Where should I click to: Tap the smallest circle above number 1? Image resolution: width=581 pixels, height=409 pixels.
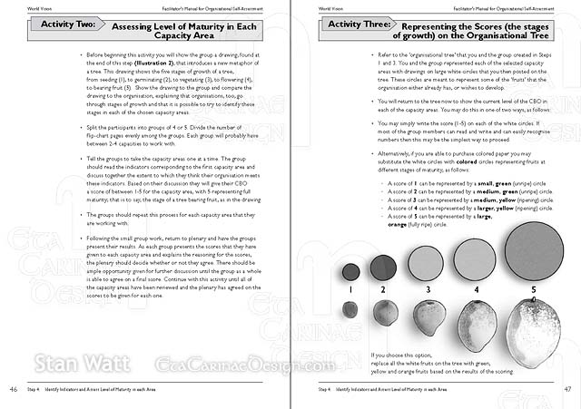[x=350, y=270]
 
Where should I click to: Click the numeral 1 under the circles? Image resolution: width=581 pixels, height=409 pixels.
[x=350, y=290]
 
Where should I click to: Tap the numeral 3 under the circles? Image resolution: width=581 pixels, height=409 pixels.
[x=428, y=290]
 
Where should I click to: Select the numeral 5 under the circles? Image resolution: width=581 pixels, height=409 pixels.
[x=534, y=290]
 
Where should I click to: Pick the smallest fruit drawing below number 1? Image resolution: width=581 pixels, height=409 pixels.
[x=350, y=310]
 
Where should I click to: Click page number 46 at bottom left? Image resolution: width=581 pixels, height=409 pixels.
[x=13, y=389]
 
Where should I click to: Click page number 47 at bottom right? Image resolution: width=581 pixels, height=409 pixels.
[x=567, y=389]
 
